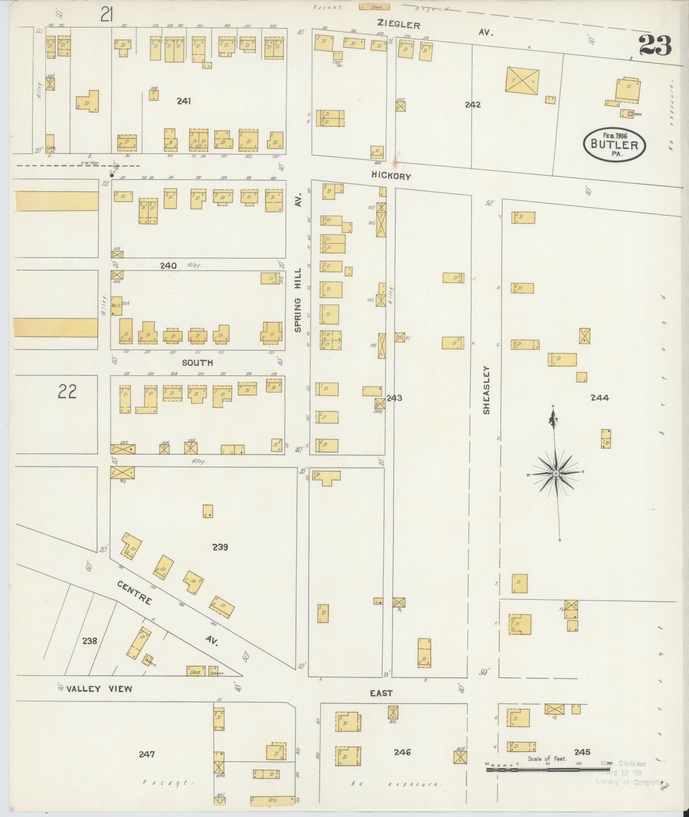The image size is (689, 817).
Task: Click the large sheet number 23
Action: coord(655,46)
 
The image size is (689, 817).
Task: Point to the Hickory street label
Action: coord(391,176)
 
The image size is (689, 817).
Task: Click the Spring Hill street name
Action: coord(298,299)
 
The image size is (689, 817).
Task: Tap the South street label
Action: coord(197,363)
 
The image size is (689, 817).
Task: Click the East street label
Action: coord(381,693)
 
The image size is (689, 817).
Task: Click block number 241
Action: coord(184,101)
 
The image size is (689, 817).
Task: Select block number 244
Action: coord(599,398)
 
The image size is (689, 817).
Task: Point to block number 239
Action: coord(220,547)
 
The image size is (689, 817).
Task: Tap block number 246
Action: coord(402,752)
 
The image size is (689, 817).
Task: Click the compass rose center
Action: coord(556,473)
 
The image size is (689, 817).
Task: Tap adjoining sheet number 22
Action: coord(67,391)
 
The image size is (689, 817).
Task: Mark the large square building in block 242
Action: coord(522,79)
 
